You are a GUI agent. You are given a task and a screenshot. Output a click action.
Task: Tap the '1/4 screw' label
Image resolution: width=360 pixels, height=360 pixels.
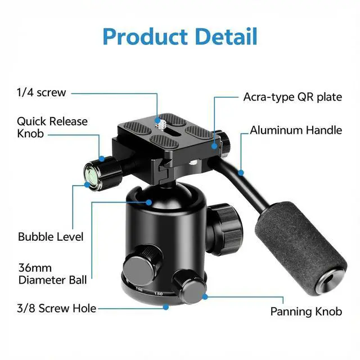[41, 93]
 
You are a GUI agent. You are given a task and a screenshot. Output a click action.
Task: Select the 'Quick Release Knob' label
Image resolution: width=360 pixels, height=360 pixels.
[52, 128]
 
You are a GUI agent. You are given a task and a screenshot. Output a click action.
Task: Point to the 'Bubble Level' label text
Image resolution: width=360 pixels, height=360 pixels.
[51, 237]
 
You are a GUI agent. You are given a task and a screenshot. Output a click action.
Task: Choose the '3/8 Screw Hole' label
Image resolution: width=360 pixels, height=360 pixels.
[57, 308]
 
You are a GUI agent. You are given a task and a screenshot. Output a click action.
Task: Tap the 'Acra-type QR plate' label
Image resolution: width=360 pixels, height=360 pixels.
[292, 97]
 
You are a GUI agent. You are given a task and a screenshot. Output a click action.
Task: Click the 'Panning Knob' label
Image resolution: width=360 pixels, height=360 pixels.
[306, 312]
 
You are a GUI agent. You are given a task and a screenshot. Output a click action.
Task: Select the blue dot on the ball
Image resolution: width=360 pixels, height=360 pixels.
[150, 201]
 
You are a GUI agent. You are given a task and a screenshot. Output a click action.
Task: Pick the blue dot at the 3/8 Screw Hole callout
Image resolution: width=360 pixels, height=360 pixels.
[166, 307]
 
